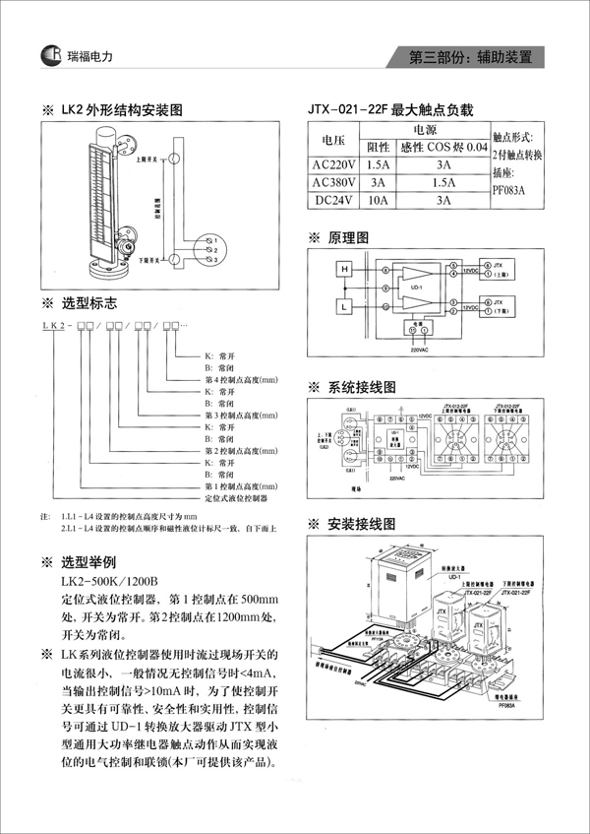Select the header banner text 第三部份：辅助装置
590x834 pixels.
pos(476,57)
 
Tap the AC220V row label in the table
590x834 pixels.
pos(333,165)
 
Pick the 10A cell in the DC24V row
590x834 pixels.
pos(377,200)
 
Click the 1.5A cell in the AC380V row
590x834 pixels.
pos(443,182)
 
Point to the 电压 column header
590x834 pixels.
pos(333,139)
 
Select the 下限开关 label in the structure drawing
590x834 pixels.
pos(151,257)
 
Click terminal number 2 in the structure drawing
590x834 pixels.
pos(210,251)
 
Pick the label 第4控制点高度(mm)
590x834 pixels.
pos(241,380)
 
